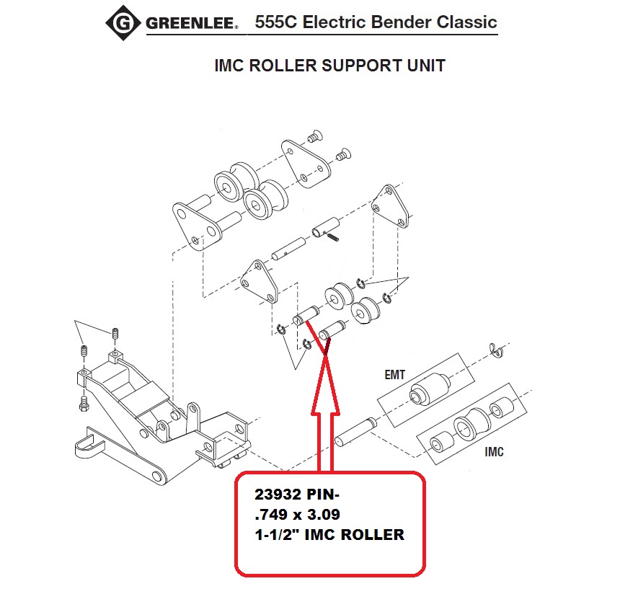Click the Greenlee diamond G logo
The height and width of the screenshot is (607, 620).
[x=124, y=24]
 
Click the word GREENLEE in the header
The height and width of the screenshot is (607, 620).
[x=192, y=25]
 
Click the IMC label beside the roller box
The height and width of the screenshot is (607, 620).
[x=494, y=453]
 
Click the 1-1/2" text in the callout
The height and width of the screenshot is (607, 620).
[x=276, y=535]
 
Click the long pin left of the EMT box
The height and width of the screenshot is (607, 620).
[x=356, y=431]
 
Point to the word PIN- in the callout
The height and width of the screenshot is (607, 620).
[x=324, y=496]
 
